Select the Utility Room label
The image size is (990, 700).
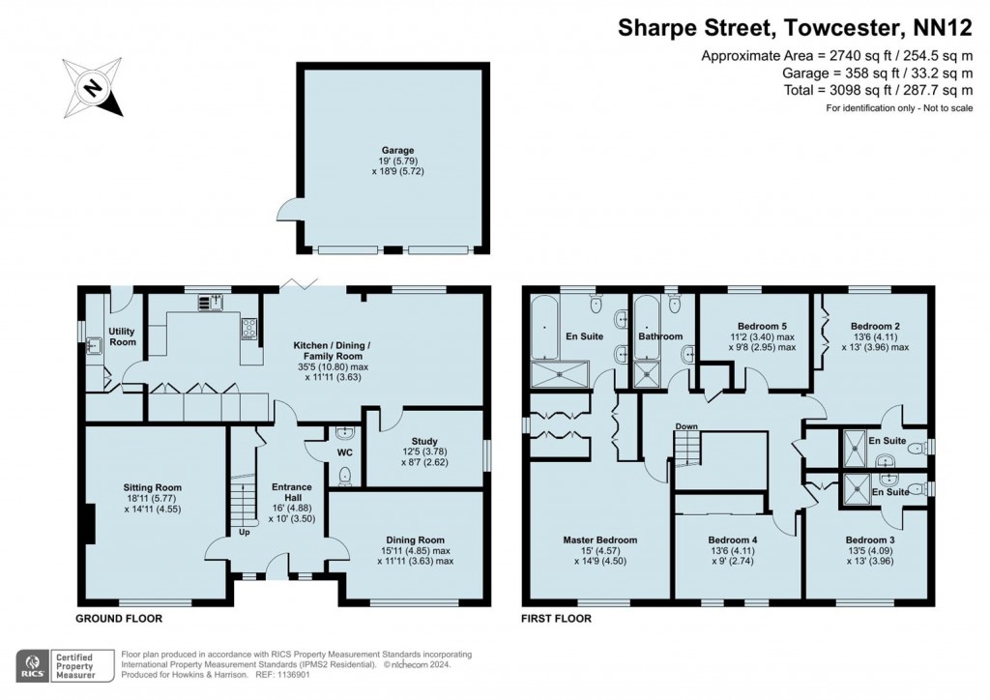tap(123, 336)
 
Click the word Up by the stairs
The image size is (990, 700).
tap(246, 532)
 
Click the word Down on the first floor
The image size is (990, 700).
tap(686, 426)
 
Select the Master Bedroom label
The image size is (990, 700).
tap(600, 540)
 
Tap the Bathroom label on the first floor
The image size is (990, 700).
tap(660, 336)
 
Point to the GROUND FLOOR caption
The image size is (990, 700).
tap(119, 618)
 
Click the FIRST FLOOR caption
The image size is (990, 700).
tap(556, 618)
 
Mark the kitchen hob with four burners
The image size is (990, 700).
tap(249, 331)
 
